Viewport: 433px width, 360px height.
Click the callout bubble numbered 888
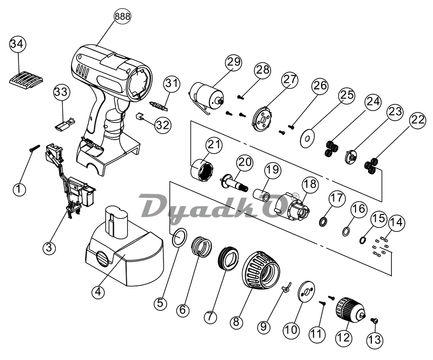(122, 17)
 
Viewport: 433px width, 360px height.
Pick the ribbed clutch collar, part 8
(259, 270)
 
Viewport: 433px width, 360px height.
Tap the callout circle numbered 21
(215, 145)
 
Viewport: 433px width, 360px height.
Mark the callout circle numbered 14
(397, 222)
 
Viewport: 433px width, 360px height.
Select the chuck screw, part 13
(374, 322)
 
